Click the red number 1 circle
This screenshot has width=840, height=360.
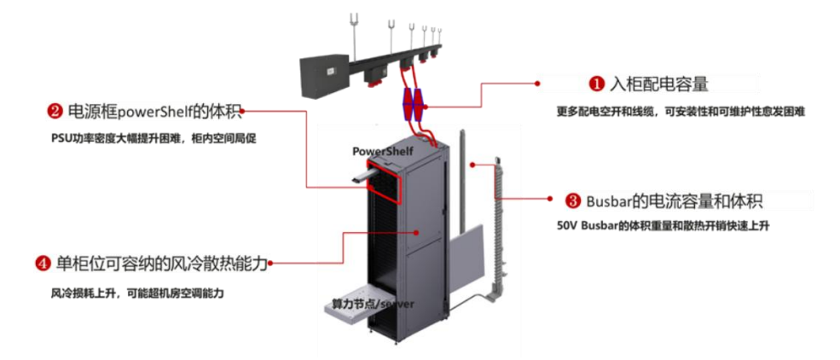point(597,84)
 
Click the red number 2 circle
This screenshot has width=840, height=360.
point(55,112)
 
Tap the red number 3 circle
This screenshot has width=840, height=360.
point(573,200)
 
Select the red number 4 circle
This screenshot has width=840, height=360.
point(43,264)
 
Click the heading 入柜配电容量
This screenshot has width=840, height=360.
point(658,84)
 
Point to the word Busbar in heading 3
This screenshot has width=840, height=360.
point(610,201)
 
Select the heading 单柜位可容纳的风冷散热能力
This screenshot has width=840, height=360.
point(161,264)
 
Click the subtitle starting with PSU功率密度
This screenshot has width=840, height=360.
point(154,139)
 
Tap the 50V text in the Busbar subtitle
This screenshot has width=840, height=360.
point(565,226)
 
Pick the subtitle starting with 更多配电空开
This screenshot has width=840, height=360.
point(681,112)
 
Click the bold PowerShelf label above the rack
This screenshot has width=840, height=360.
point(383,152)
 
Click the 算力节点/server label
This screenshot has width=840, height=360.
point(365,305)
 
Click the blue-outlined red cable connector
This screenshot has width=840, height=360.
point(412,104)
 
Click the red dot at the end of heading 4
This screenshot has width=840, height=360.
point(271,263)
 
